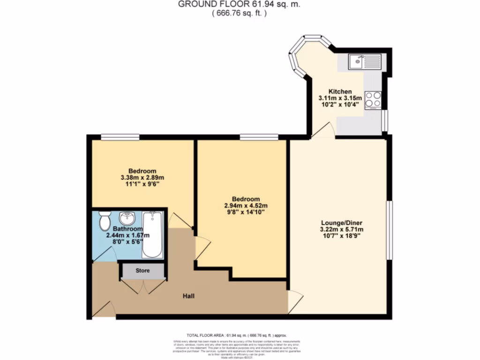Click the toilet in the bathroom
pyautogui.click(x=105, y=221)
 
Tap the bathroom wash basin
pyautogui.click(x=127, y=218)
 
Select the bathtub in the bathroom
pyautogui.click(x=152, y=235)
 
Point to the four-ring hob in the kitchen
pyautogui.click(x=373, y=99)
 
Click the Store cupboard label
pyautogui.click(x=142, y=270)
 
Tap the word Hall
pyautogui.click(x=188, y=296)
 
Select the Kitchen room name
pyautogui.click(x=340, y=91)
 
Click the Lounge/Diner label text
pyautogui.click(x=342, y=222)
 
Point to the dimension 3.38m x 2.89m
pyautogui.click(x=142, y=178)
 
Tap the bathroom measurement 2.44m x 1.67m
pyautogui.click(x=128, y=235)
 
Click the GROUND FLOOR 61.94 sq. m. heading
pyautogui.click(x=239, y=4)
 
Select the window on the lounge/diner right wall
pyautogui.click(x=389, y=229)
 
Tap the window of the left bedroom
pyautogui.click(x=120, y=137)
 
